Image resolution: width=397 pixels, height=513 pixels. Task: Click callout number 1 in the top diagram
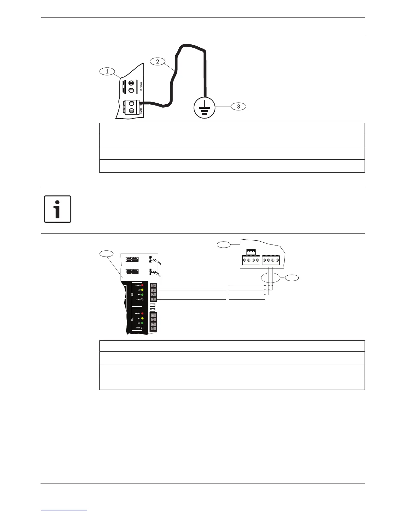click(x=107, y=72)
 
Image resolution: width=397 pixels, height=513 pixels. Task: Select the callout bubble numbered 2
click(x=158, y=61)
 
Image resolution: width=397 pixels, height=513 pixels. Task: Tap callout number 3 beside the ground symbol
click(x=238, y=106)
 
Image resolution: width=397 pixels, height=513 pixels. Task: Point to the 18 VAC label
click(x=141, y=86)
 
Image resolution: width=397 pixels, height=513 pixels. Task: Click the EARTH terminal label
click(x=141, y=107)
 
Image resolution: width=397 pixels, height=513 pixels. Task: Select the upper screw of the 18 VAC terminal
click(x=131, y=83)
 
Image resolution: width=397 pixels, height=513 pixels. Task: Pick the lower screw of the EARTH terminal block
click(x=132, y=111)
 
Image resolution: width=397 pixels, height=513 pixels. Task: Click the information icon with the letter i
click(x=57, y=209)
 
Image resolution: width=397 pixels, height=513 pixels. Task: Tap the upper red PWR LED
click(x=142, y=285)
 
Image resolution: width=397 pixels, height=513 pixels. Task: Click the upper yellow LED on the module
click(x=142, y=290)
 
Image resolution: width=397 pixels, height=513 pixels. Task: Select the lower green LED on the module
click(x=142, y=323)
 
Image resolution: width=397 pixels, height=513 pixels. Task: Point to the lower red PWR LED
click(x=142, y=313)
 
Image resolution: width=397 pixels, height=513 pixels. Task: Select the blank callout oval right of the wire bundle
click(x=292, y=277)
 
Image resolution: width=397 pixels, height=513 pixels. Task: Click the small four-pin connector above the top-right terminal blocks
click(x=251, y=251)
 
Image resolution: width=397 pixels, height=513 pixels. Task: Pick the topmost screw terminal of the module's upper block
click(x=153, y=286)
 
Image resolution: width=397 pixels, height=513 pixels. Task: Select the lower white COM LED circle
click(x=142, y=328)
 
